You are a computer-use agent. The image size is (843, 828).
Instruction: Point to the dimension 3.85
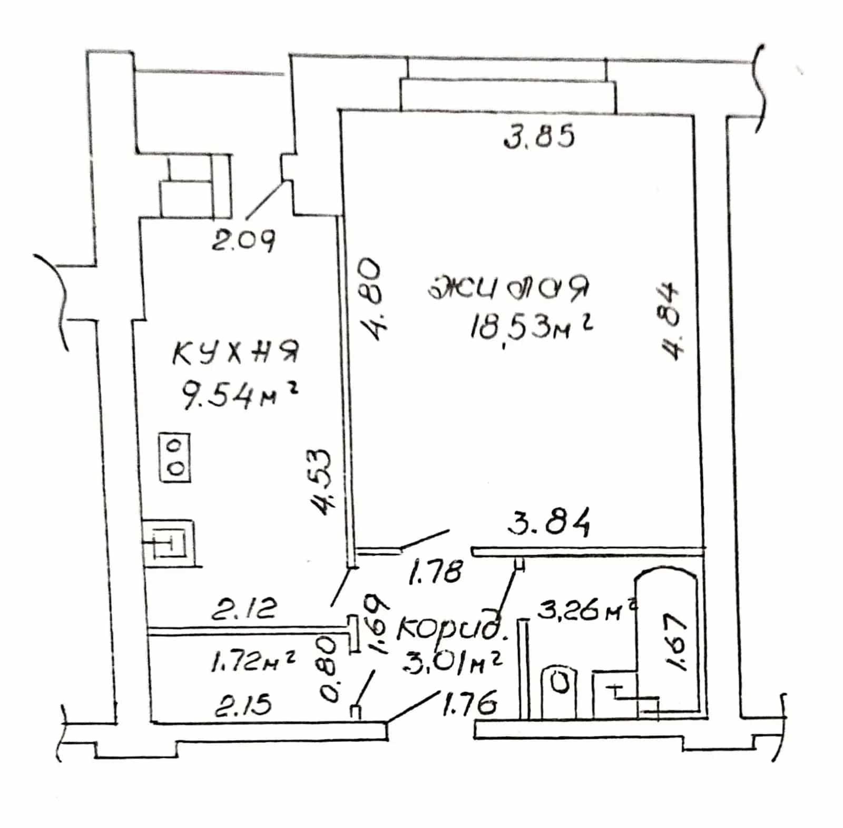pos(539,137)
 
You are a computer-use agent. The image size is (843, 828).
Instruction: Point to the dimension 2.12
pos(243,608)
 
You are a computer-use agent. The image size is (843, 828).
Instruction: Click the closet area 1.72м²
pos(252,661)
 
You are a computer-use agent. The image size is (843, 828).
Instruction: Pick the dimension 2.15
pos(243,703)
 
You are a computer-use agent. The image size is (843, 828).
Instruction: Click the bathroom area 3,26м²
pos(585,611)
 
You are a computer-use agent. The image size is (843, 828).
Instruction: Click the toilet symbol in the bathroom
pos(560,690)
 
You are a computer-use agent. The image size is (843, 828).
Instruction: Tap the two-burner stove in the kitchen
pos(175,457)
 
